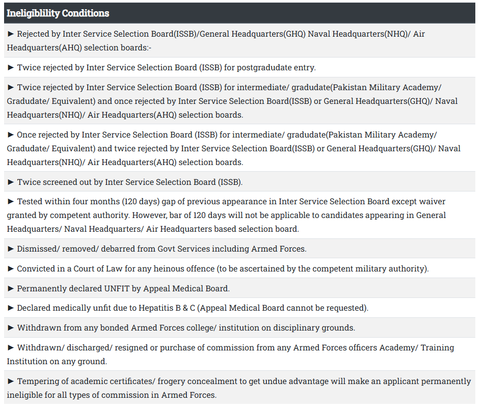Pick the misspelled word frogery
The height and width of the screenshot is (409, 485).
pyautogui.click(x=174, y=381)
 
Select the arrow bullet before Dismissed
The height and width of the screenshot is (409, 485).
pyautogui.click(x=11, y=249)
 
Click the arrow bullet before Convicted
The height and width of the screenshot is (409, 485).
pyautogui.click(x=11, y=268)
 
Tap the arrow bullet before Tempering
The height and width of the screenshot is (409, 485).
pyautogui.click(x=11, y=381)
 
